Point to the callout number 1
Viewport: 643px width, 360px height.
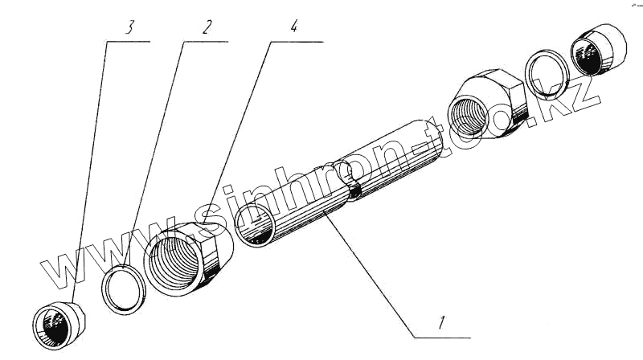click(x=441, y=325)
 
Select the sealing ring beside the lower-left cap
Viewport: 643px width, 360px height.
click(x=124, y=286)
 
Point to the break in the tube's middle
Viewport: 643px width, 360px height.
click(x=347, y=181)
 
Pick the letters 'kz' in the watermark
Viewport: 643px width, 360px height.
click(x=575, y=100)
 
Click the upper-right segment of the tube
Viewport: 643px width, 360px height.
click(x=394, y=153)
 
